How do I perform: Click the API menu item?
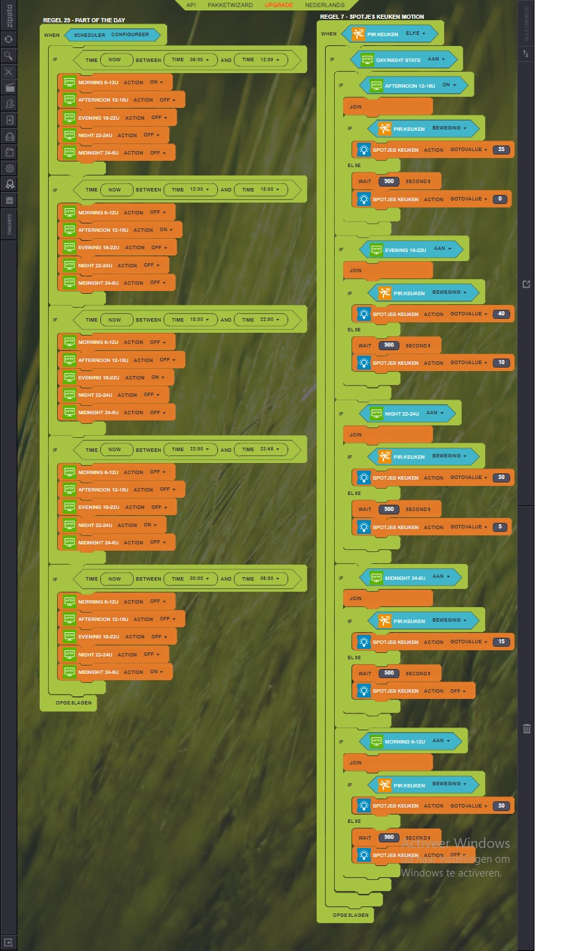[x=191, y=5]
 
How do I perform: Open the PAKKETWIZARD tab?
[x=230, y=5]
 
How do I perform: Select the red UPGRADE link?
[x=278, y=5]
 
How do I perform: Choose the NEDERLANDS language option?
[x=325, y=5]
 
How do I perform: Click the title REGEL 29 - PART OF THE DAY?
[x=84, y=20]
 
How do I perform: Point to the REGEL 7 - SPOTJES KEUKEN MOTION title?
[x=372, y=17]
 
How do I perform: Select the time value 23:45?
[x=267, y=450]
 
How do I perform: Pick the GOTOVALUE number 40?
[x=501, y=314]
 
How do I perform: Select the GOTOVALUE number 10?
[x=501, y=363]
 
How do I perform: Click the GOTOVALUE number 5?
[x=500, y=527]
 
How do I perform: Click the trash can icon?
[x=527, y=729]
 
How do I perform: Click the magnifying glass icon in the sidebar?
[x=9, y=56]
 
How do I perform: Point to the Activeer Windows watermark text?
[x=455, y=844]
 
